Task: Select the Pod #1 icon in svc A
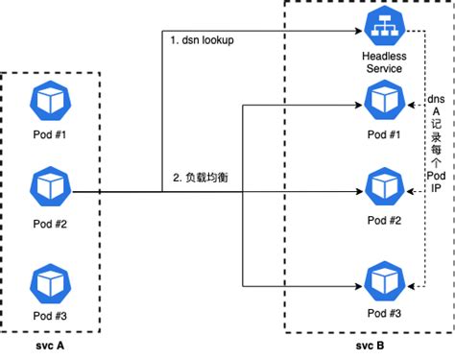coord(48,100)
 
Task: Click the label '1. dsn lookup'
coord(202,41)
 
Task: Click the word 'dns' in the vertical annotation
coord(436,99)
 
